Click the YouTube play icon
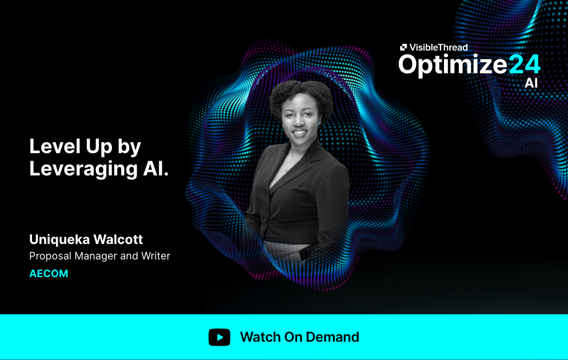tap(219, 337)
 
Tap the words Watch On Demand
tap(299, 337)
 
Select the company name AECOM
tap(49, 274)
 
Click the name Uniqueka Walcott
tap(86, 239)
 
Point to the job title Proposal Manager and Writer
tap(99, 256)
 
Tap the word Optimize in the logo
tap(453, 65)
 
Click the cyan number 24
tap(524, 65)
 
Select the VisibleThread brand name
tap(438, 47)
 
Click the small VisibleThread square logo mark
tap(403, 47)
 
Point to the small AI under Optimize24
tap(531, 83)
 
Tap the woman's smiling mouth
tap(298, 133)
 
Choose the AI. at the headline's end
tap(154, 169)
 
